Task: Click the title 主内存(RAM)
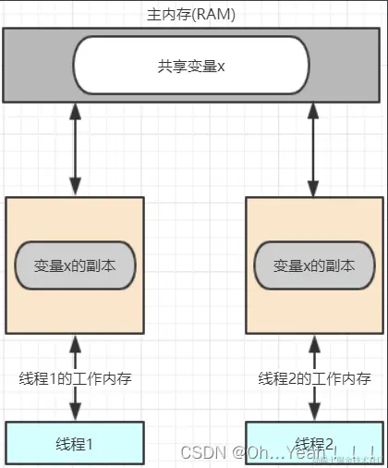[191, 16]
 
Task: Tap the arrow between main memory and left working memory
[75, 148]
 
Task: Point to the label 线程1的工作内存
[75, 378]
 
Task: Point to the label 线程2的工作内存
[314, 378]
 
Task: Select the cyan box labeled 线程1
[75, 443]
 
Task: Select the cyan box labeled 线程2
[314, 443]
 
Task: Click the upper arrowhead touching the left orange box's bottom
[75, 342]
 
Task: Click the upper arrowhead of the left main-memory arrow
[75, 109]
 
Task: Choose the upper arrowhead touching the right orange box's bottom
[314, 342]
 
